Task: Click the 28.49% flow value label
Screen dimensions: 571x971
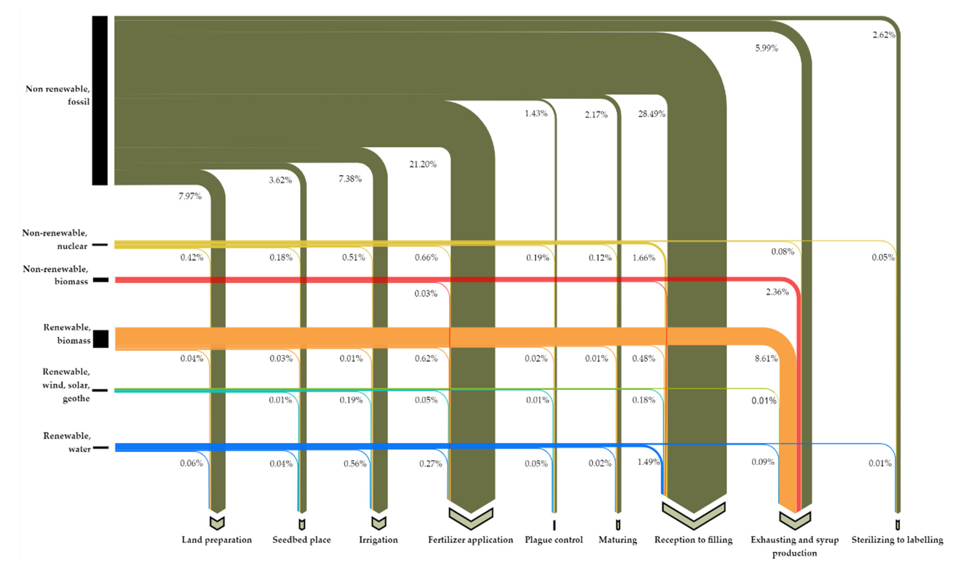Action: click(x=651, y=114)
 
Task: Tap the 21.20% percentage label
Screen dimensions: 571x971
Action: click(x=423, y=165)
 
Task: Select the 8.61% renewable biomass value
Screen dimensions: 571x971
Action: click(x=766, y=359)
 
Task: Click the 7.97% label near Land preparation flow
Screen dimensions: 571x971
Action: click(x=190, y=196)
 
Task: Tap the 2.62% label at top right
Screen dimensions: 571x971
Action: click(x=884, y=35)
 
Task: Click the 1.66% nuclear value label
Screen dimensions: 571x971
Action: click(x=643, y=258)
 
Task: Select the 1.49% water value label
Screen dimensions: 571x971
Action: click(x=649, y=462)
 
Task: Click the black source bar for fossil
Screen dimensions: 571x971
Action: click(x=99, y=100)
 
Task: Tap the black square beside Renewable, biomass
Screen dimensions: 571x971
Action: click(x=101, y=339)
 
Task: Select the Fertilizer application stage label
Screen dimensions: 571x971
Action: click(x=470, y=540)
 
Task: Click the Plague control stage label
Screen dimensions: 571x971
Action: click(x=554, y=540)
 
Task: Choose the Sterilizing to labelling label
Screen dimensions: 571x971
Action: click(x=897, y=540)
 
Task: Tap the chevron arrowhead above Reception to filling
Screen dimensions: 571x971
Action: click(x=694, y=518)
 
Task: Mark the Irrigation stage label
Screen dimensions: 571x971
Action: click(x=378, y=540)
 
